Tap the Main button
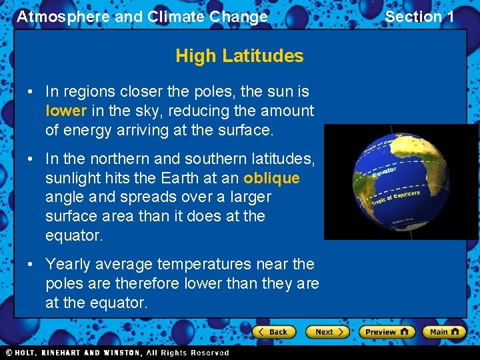[x=446, y=332]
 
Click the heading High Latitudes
[x=239, y=56]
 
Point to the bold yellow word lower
[x=66, y=111]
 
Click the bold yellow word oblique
[x=271, y=178]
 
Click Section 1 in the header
[x=419, y=17]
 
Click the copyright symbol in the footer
[x=9, y=353]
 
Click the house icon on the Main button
[x=457, y=332]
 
